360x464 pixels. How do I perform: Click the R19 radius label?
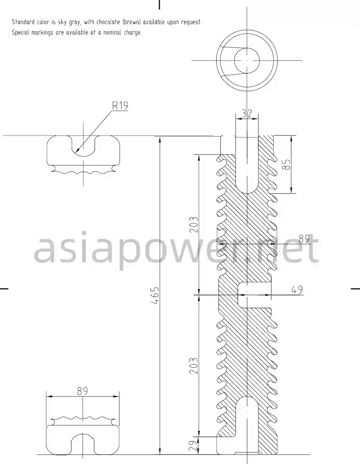[120, 105]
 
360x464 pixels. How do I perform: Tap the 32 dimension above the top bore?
[247, 114]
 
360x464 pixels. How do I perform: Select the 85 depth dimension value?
[287, 164]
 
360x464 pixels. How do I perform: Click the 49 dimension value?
[297, 290]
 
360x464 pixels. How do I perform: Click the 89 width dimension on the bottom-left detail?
[83, 391]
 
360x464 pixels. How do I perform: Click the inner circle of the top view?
[247, 61]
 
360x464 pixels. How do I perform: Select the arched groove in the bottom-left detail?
[83, 443]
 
